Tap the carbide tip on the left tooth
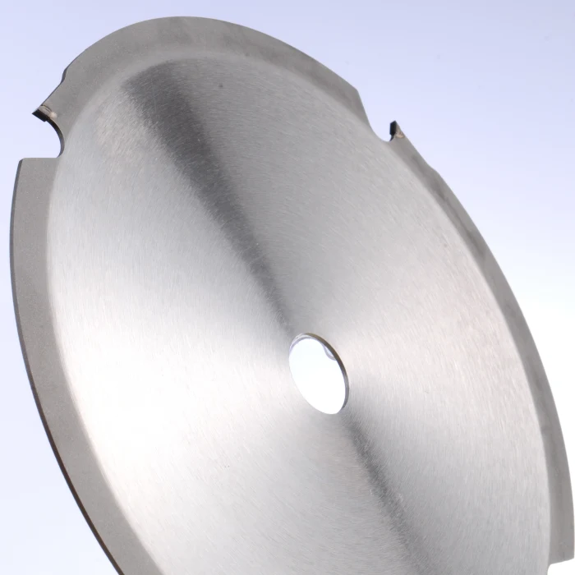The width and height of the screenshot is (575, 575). (x=43, y=108)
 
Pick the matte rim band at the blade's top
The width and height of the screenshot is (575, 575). (x=205, y=41)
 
